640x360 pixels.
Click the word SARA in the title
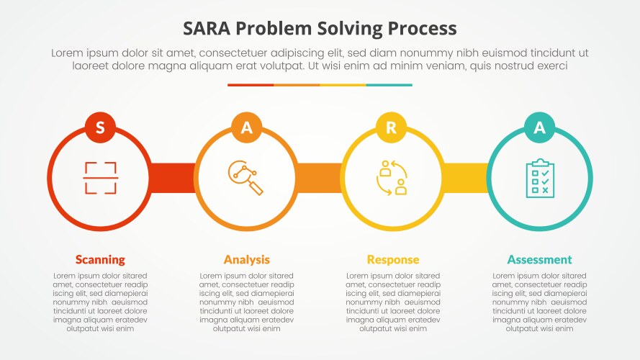tap(207, 29)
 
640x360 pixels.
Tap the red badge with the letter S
tap(100, 127)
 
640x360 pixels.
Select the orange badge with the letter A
tap(247, 127)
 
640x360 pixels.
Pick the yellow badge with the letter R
tap(392, 127)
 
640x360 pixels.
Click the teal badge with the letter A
tap(539, 127)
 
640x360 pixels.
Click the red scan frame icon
tap(100, 178)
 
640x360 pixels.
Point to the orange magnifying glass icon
tap(246, 178)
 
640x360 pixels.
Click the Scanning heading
tap(100, 259)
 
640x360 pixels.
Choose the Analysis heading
tap(247, 259)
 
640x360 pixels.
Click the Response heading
tap(392, 259)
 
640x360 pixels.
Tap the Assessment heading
tap(539, 259)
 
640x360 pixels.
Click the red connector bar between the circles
tap(173, 178)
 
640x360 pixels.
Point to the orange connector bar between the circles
tap(319, 178)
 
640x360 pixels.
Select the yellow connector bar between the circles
tap(465, 178)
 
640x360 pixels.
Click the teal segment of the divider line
tap(389, 85)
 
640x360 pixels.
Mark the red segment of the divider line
tap(251, 85)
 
